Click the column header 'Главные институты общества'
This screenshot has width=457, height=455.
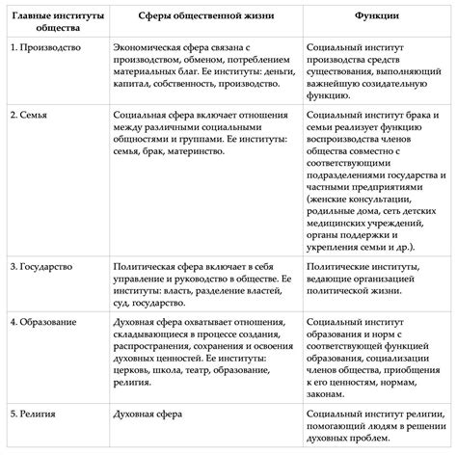click(x=49, y=21)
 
